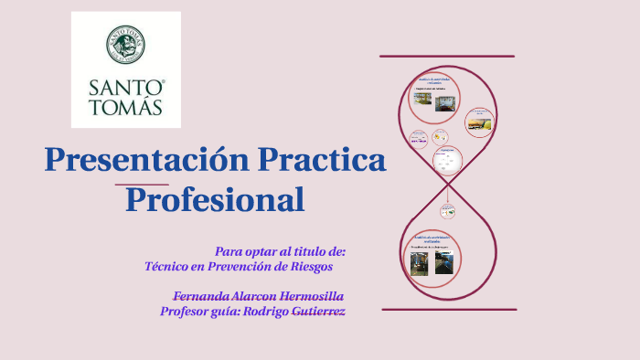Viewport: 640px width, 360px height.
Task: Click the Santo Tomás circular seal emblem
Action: pyautogui.click(x=126, y=47)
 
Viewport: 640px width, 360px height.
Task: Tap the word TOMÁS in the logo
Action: pyautogui.click(x=126, y=107)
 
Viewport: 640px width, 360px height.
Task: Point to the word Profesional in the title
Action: pyautogui.click(x=215, y=199)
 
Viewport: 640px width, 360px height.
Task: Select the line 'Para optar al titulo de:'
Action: pyautogui.click(x=280, y=251)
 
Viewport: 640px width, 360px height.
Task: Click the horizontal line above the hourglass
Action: pyautogui.click(x=447, y=57)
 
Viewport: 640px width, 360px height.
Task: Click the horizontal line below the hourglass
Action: pyautogui.click(x=449, y=309)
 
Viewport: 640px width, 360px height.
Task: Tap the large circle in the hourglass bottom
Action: pyautogui.click(x=432, y=255)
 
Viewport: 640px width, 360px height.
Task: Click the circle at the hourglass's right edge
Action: pyautogui.click(x=479, y=121)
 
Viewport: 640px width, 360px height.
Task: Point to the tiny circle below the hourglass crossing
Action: pyautogui.click(x=447, y=210)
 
